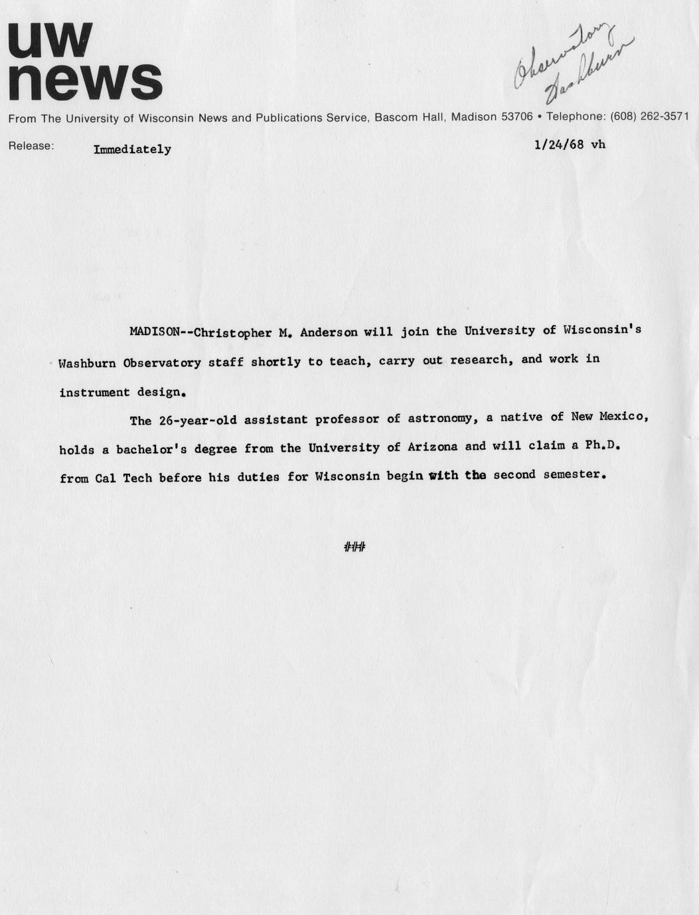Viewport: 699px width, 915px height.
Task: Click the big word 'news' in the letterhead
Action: click(85, 82)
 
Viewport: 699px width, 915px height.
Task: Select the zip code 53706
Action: click(516, 117)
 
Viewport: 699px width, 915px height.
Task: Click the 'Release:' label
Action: click(31, 146)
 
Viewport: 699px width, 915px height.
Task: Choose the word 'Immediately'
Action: click(132, 149)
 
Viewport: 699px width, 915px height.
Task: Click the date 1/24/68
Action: click(559, 144)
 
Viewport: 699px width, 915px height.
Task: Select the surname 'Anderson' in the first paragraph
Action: click(329, 332)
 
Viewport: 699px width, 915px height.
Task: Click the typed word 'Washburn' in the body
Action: click(87, 363)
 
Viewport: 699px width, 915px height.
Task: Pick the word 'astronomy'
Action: click(439, 418)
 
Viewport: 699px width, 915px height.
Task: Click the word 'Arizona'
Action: click(432, 447)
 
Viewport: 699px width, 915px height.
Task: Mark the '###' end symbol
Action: click(355, 547)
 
